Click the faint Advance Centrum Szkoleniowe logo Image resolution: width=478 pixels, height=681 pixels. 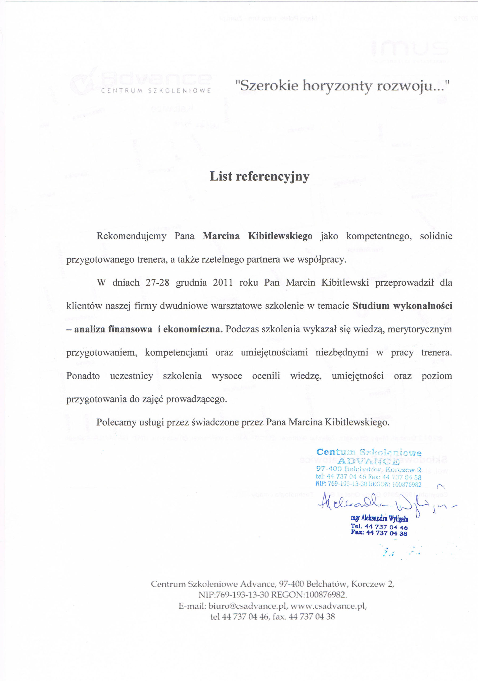pos(141,83)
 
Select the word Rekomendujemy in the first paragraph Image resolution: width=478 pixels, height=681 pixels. pos(131,236)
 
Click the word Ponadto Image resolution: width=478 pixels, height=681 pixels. pos(83,376)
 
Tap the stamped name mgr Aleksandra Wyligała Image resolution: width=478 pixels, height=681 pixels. pos(379,519)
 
